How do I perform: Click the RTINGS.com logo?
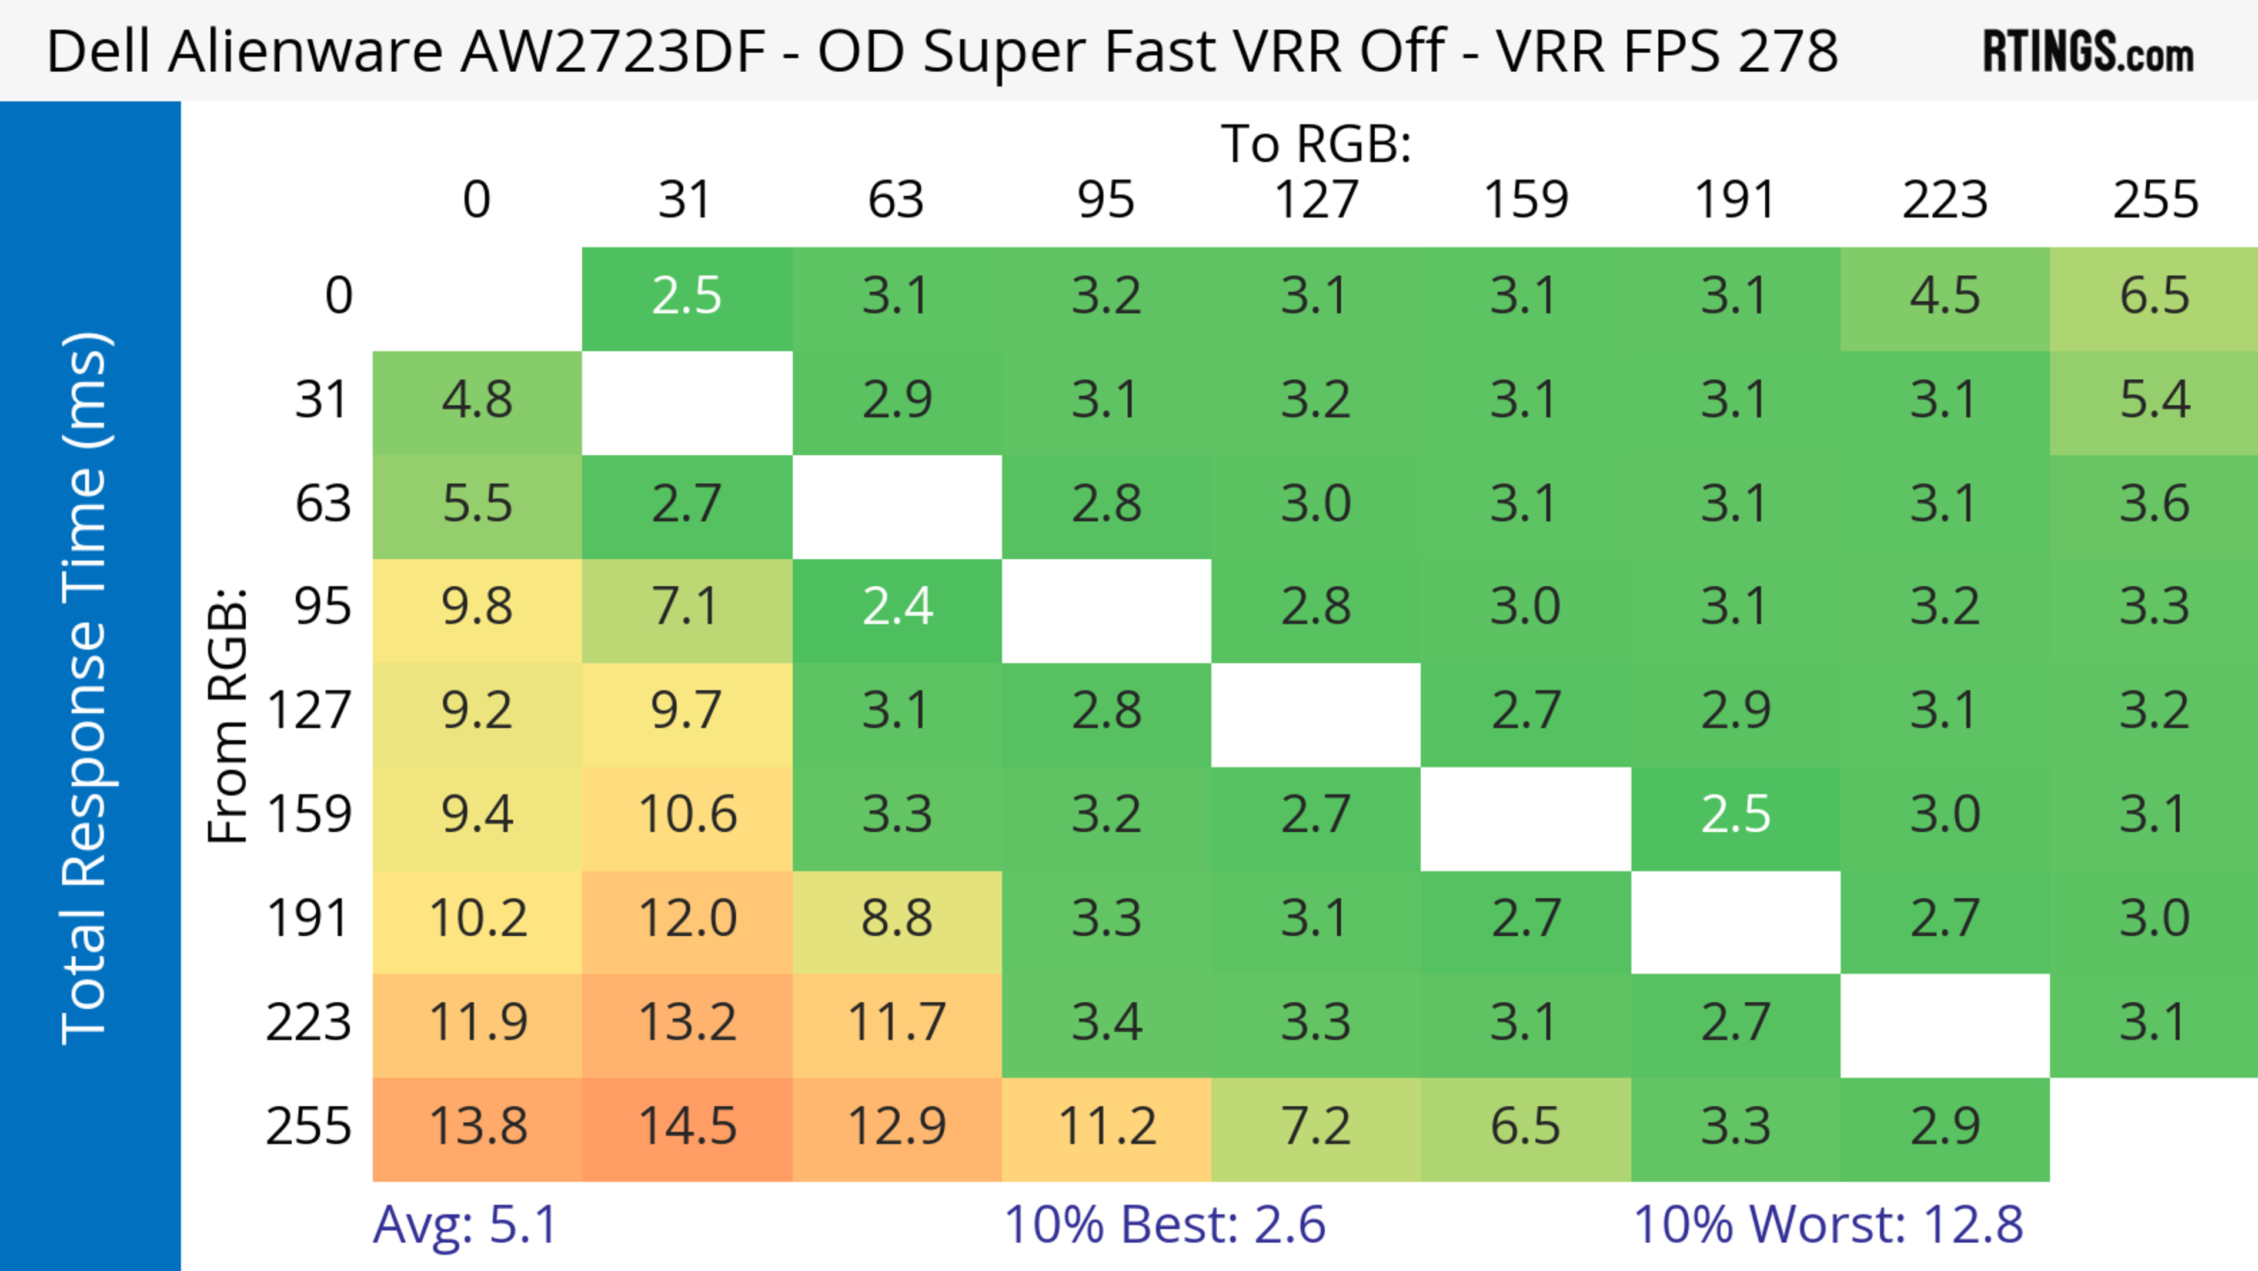[x=2088, y=51]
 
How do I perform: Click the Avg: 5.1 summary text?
[x=466, y=1225]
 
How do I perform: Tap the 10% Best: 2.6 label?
[x=1164, y=1225]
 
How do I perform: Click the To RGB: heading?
[x=1316, y=144]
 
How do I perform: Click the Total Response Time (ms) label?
[x=85, y=688]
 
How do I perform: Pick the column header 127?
[x=1316, y=200]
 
